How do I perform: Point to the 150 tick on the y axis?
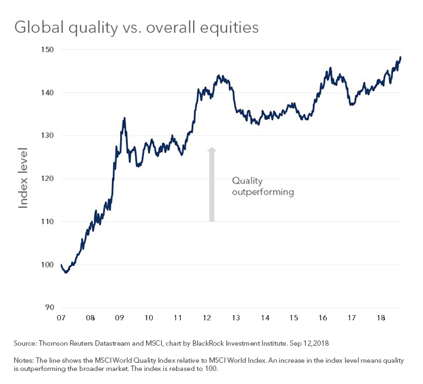(x=47, y=49)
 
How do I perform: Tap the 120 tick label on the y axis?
(x=47, y=178)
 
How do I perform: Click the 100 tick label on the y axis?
(x=47, y=264)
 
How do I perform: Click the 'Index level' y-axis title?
(x=23, y=177)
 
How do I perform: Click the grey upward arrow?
(x=211, y=184)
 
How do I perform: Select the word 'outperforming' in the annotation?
(x=263, y=192)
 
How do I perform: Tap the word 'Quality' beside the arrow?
(x=247, y=180)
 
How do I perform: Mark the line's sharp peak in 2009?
(x=124, y=118)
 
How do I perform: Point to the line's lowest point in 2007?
(x=65, y=272)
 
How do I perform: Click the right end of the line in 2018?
(x=401, y=57)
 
